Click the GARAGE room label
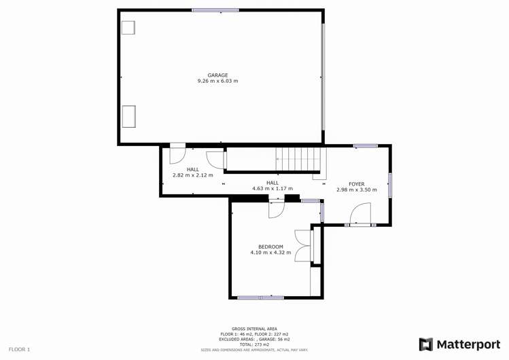coord(217,75)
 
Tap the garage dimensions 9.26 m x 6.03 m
coord(217,81)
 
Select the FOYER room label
coord(356,184)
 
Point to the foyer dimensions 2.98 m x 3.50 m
coord(356,190)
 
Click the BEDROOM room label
coord(270,247)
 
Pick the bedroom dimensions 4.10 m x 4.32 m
coord(270,253)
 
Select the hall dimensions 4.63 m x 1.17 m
coord(273,188)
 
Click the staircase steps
coord(298,160)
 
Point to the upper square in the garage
coord(128,27)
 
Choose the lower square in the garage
coord(128,116)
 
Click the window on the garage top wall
coord(215,10)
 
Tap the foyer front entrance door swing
coord(359,215)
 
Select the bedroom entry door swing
coord(277,209)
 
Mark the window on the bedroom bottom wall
coord(260,298)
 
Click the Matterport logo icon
coord(426,344)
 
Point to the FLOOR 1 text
coord(19,349)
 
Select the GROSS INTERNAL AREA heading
coord(254,329)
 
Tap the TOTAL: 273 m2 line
coord(254,344)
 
